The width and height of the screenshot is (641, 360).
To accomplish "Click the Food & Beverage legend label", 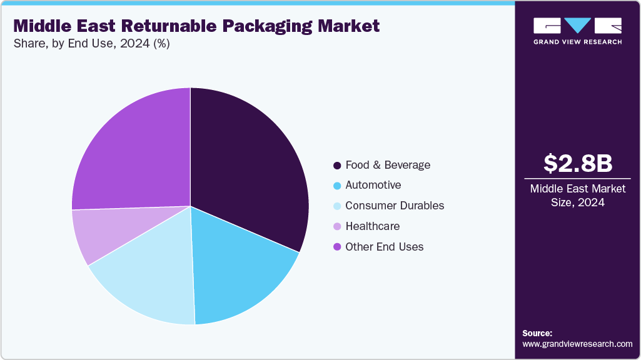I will point(388,165).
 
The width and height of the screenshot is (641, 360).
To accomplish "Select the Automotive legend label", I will point(373,185).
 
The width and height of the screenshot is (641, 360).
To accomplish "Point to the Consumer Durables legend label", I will point(395,206).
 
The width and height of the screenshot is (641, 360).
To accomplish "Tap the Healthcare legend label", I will point(372,226).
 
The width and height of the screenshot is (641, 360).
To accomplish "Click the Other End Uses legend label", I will point(384,247).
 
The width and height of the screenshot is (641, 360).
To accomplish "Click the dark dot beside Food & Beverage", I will point(337,166).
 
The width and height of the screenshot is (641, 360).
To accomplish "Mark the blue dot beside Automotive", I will point(337,186).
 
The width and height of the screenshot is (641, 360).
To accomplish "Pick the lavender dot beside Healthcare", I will point(337,226).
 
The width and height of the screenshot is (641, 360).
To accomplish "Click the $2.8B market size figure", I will point(577,163).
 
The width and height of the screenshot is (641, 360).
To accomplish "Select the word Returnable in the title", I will point(176,26).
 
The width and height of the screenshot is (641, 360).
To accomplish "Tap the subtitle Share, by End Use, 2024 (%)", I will point(91,44).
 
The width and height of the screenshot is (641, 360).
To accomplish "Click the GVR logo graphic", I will point(577,26).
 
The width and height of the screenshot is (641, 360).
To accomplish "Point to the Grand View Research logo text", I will point(577,42).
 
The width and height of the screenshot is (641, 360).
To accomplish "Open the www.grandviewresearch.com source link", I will point(577,344).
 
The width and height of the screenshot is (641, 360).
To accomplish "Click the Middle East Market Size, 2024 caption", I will point(577,195).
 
